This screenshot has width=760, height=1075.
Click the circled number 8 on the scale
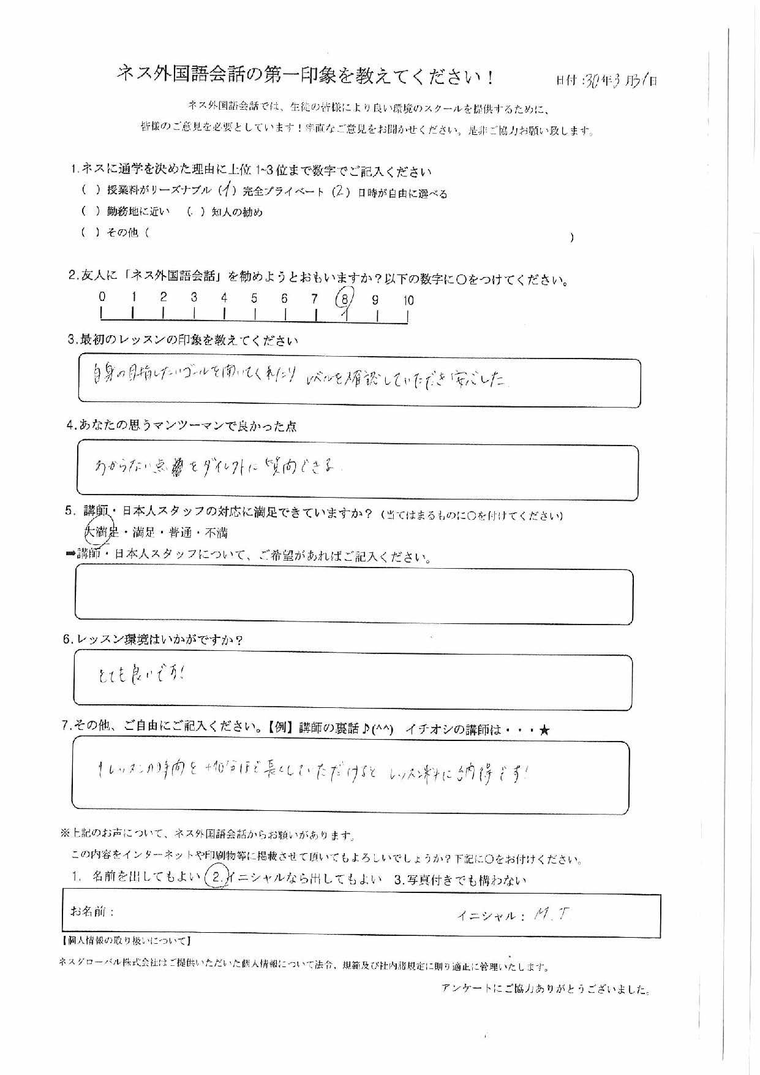click(x=345, y=299)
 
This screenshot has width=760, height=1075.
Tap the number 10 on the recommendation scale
click(x=408, y=300)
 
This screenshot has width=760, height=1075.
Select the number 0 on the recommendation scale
click(x=102, y=297)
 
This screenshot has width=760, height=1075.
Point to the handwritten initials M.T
click(x=552, y=915)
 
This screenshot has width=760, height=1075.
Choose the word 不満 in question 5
click(x=216, y=532)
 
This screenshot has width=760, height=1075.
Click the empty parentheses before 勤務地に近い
click(x=90, y=211)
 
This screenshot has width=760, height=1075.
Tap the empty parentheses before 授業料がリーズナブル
click(x=90, y=191)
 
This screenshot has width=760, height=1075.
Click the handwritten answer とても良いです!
click(x=140, y=674)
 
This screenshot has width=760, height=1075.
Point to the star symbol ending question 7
click(x=546, y=729)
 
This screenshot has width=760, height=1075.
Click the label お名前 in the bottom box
click(x=92, y=911)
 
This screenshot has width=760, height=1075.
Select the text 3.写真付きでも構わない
click(x=460, y=880)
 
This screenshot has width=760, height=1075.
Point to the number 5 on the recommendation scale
click(x=254, y=298)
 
